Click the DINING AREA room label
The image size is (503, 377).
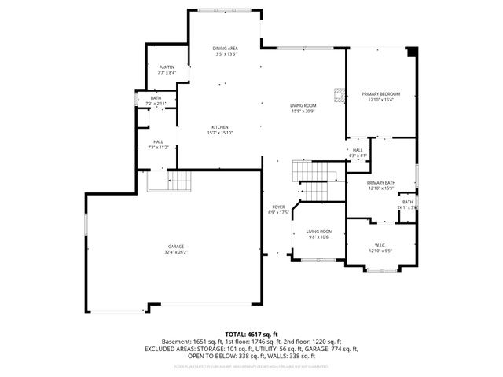point(225,49)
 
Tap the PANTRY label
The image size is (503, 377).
point(167,68)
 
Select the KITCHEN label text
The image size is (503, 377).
point(219,127)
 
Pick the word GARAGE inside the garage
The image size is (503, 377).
point(176,246)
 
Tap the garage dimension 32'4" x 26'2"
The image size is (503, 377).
point(176,252)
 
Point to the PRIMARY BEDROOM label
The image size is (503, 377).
point(380,94)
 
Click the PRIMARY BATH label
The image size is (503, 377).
point(380,183)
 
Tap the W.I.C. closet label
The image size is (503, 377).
point(380,246)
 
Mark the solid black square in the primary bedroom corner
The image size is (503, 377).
point(410,52)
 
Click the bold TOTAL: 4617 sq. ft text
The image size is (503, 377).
point(251,335)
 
